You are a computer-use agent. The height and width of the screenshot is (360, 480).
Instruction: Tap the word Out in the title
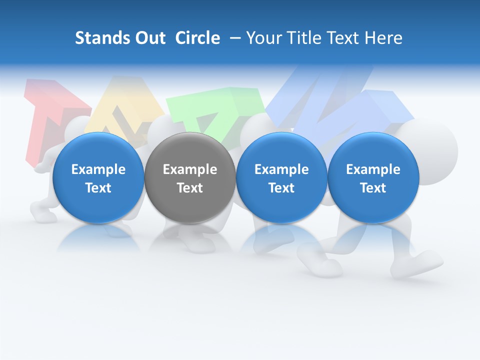pyautogui.click(x=149, y=38)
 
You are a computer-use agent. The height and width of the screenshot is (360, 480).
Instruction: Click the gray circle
pyautogui.click(x=190, y=177)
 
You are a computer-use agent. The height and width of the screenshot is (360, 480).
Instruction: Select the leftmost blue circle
pyautogui.click(x=98, y=177)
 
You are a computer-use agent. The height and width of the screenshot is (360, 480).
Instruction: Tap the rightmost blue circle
pyautogui.click(x=373, y=177)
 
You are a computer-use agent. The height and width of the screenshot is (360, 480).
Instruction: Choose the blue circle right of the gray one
pyautogui.click(x=281, y=177)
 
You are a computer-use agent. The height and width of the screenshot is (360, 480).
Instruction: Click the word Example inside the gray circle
pyautogui.click(x=190, y=169)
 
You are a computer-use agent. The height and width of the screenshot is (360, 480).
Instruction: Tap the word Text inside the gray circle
pyautogui.click(x=190, y=188)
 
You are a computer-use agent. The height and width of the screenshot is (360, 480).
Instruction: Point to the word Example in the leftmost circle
pyautogui.click(x=98, y=169)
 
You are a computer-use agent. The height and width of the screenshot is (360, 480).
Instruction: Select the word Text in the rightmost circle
pyautogui.click(x=373, y=188)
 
